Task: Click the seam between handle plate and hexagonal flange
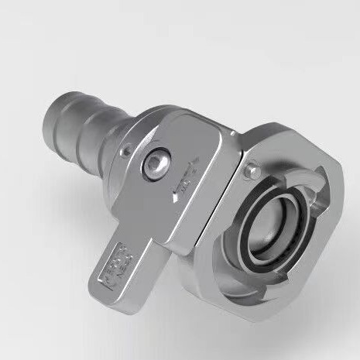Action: [x=220, y=194]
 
